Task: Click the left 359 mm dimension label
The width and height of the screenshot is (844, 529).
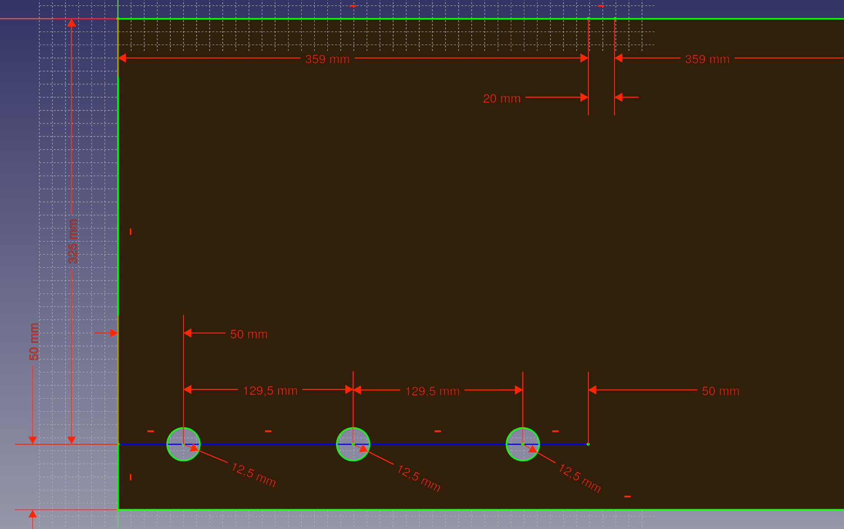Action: point(327,59)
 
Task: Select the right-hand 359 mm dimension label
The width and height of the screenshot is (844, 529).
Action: point(707,59)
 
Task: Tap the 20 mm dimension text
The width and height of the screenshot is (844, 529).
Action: point(501,98)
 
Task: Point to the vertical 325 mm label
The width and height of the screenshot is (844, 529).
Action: point(73,241)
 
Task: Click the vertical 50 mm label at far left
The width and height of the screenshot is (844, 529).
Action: point(34,342)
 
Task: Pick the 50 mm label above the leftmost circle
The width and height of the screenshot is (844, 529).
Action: point(249,334)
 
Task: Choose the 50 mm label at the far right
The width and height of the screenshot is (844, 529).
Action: point(720,391)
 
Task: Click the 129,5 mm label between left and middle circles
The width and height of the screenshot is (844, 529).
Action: point(270,391)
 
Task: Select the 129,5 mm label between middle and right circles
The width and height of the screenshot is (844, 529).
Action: point(432,391)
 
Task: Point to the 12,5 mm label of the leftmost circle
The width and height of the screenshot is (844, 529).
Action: point(253,475)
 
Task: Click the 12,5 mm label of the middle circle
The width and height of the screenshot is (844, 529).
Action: point(418,478)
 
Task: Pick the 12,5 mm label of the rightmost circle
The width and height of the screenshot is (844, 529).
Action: point(579,479)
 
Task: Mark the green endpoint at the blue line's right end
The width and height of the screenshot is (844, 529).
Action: point(588,444)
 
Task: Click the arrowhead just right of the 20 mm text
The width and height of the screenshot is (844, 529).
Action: point(584,97)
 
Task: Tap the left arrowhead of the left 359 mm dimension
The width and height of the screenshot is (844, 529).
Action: point(122,58)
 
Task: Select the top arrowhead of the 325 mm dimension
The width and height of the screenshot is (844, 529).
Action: point(71,23)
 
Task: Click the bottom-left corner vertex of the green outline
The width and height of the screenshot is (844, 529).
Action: point(118,510)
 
